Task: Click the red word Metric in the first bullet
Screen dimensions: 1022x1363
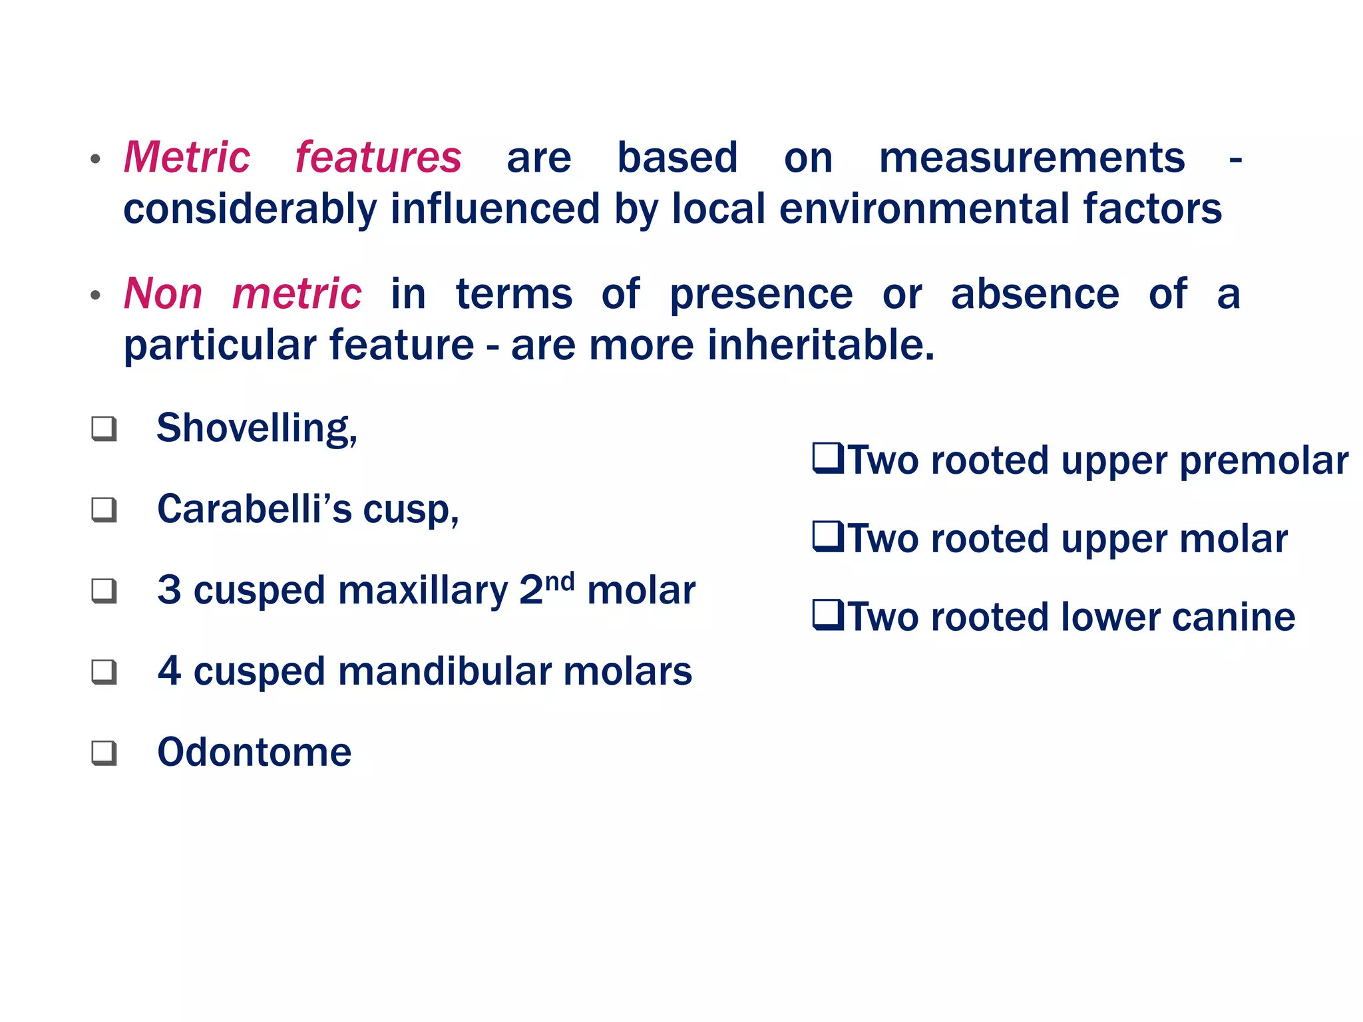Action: click(x=187, y=158)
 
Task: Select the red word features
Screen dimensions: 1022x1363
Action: click(x=378, y=158)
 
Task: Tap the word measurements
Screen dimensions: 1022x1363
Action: click(x=1032, y=158)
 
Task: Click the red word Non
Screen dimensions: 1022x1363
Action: click(x=163, y=294)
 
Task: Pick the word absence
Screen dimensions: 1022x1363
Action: click(x=1035, y=294)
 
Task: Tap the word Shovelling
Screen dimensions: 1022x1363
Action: click(x=256, y=428)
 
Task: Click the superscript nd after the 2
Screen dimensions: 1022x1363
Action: click(x=560, y=582)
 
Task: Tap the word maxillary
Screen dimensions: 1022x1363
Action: click(x=423, y=591)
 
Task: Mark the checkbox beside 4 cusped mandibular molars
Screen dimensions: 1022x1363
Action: click(x=104, y=672)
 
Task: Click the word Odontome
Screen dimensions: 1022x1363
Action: click(x=254, y=753)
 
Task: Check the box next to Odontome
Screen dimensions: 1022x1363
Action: click(x=104, y=753)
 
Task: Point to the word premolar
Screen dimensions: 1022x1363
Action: click(x=1263, y=461)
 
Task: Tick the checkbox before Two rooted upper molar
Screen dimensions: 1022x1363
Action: click(x=828, y=537)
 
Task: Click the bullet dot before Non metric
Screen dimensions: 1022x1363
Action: click(x=96, y=295)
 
